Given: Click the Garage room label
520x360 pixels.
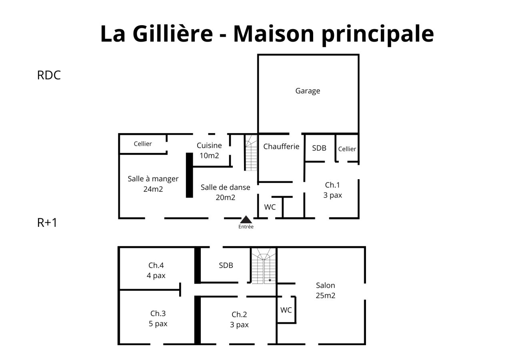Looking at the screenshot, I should pyautogui.click(x=308, y=91).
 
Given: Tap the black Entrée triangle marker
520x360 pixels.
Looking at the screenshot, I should pyautogui.click(x=246, y=220).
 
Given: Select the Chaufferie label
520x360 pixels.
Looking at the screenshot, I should pyautogui.click(x=281, y=146).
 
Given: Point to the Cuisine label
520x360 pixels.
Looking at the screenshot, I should pyautogui.click(x=209, y=146).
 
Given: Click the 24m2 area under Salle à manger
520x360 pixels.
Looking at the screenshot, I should pyautogui.click(x=153, y=189).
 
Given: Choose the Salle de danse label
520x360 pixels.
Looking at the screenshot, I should pyautogui.click(x=225, y=187).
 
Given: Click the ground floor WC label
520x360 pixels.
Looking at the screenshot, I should pyautogui.click(x=270, y=207).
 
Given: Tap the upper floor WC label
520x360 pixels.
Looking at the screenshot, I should pyautogui.click(x=286, y=310).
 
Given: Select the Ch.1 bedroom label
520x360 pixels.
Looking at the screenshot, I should pyautogui.click(x=332, y=185).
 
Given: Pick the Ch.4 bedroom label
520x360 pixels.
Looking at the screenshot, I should pyautogui.click(x=156, y=265).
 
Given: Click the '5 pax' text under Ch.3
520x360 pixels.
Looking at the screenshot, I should pyautogui.click(x=158, y=324).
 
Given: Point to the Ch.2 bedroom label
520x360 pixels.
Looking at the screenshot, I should pyautogui.click(x=239, y=314).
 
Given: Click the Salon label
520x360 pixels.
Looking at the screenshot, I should pyautogui.click(x=325, y=286).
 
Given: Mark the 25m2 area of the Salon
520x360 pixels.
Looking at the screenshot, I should pyautogui.click(x=325, y=296).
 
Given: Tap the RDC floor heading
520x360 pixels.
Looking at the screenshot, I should pyautogui.click(x=49, y=75).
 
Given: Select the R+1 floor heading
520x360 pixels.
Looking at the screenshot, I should pyautogui.click(x=47, y=222).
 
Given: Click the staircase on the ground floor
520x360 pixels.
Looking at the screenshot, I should pyautogui.click(x=251, y=153).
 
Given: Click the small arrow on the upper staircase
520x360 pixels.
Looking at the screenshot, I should pyautogui.click(x=270, y=280).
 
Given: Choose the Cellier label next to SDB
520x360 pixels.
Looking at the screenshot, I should pyautogui.click(x=347, y=149).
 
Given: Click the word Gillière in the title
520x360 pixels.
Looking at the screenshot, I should pyautogui.click(x=173, y=34).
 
